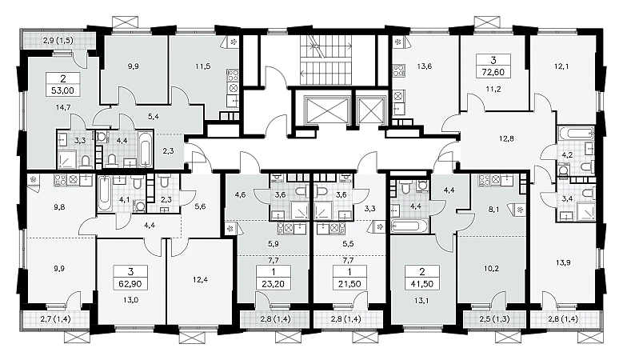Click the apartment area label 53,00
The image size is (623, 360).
[62, 90]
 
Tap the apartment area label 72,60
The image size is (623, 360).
[493, 72]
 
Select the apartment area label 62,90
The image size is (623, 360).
[130, 284]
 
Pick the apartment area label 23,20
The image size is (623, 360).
[274, 284]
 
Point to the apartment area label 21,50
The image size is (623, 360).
[349, 284]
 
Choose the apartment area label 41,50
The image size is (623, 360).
[422, 284]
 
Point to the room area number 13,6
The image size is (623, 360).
[425, 66]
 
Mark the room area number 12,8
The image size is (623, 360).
[506, 138]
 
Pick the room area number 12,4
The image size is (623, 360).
[200, 279]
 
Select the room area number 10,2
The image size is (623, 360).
[491, 268]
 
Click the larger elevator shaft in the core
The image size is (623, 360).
[325, 109]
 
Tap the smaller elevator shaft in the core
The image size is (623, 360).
[370, 109]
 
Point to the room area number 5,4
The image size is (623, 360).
[154, 117]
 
